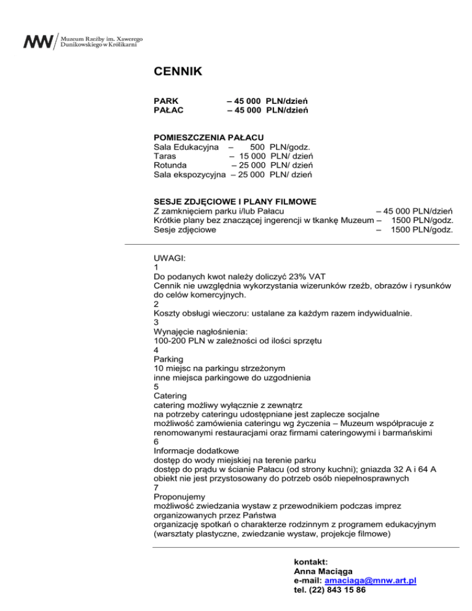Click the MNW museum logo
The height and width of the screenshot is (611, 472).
(39, 42)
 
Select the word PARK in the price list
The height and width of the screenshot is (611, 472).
(166, 100)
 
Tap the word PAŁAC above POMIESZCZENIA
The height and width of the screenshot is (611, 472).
(168, 110)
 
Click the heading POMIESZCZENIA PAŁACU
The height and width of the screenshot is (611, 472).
(208, 136)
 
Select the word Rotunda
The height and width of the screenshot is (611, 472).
(171, 165)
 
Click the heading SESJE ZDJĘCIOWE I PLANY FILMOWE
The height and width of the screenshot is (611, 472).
(244, 202)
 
